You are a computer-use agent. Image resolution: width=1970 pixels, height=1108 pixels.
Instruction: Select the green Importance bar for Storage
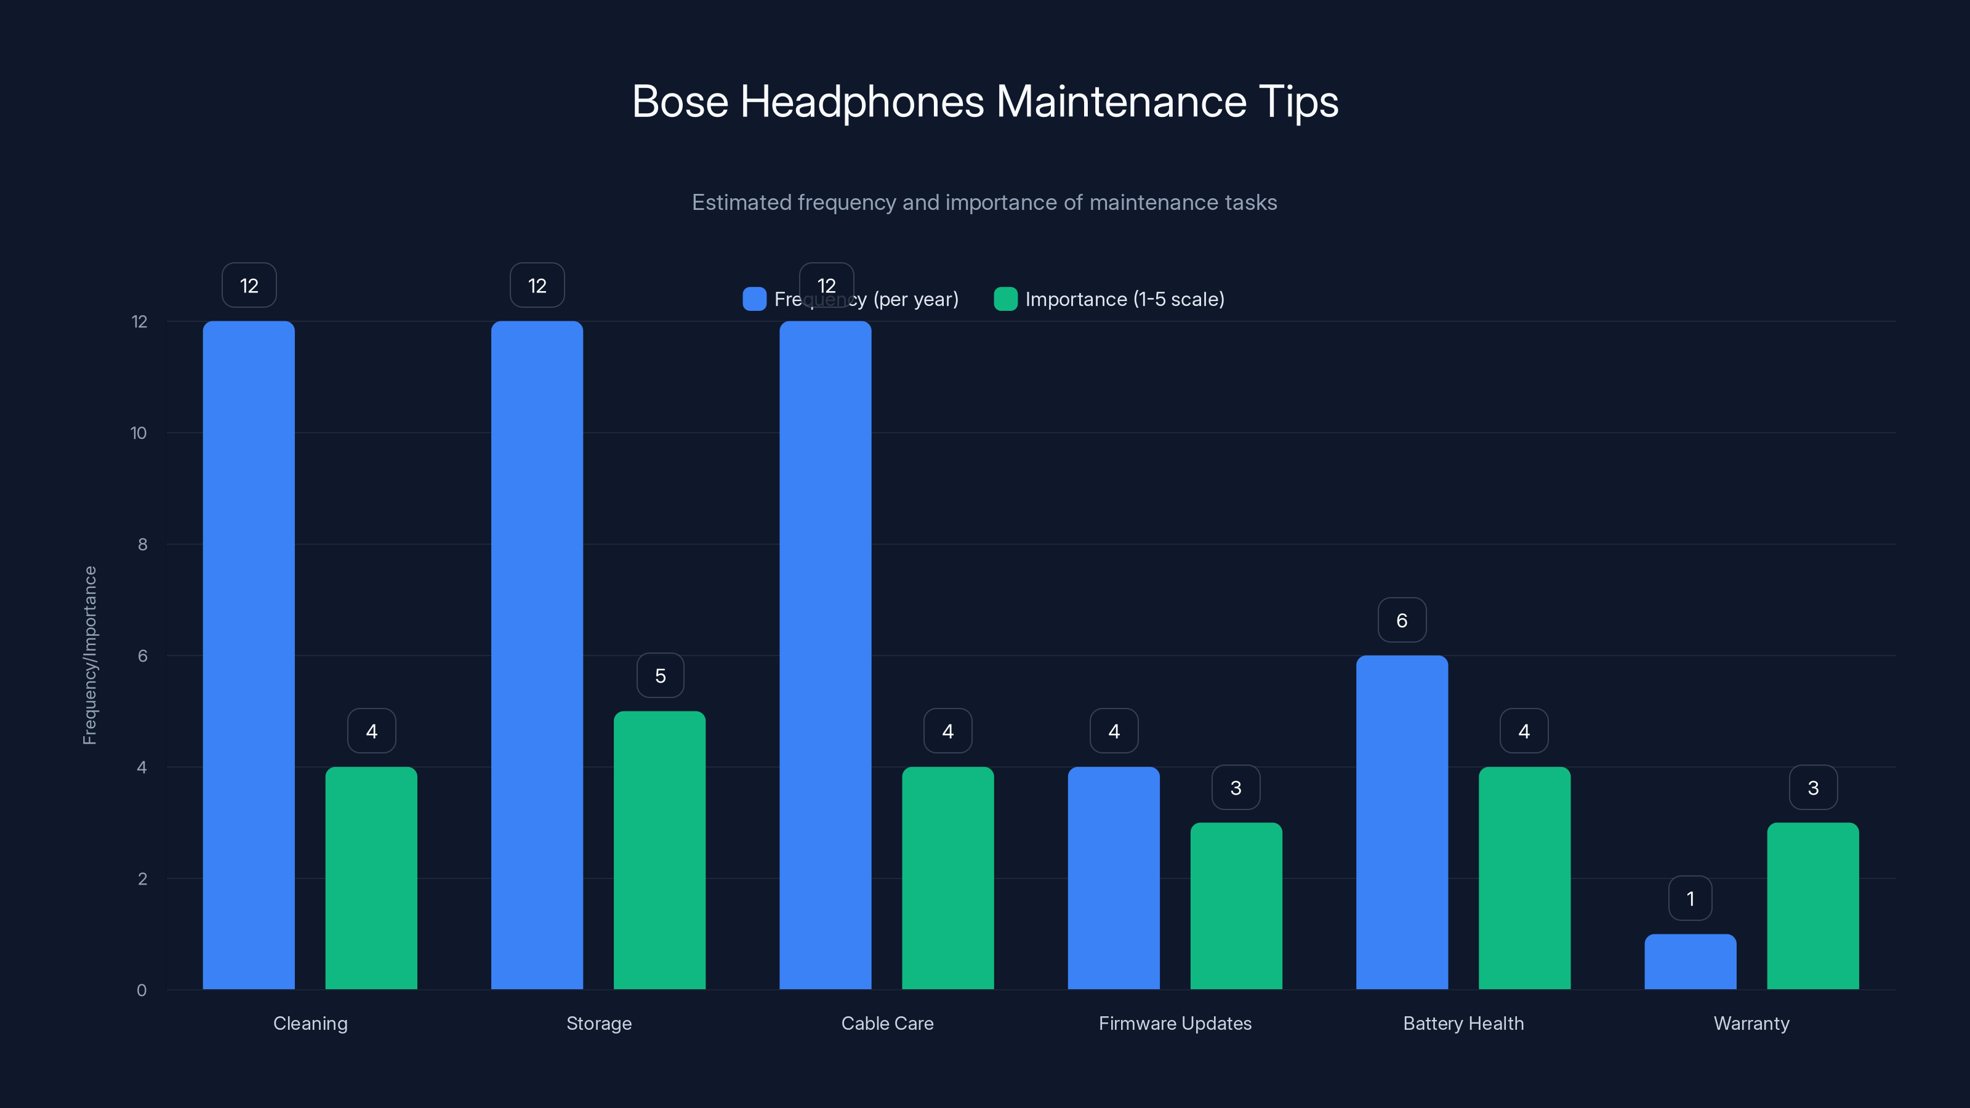(659, 849)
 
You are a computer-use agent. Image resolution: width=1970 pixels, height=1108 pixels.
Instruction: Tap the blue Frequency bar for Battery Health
(1402, 822)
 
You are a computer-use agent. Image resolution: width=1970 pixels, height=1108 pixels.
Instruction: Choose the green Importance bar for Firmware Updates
(1236, 905)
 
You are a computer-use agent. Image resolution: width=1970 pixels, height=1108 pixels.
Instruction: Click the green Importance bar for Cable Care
(947, 878)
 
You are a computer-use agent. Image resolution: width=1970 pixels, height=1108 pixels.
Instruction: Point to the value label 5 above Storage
(660, 676)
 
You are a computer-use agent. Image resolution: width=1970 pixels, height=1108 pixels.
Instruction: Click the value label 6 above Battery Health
(1402, 620)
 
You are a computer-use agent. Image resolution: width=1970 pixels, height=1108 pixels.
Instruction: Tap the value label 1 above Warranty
(1690, 899)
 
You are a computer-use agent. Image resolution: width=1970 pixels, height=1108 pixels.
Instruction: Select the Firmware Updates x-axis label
(1175, 1023)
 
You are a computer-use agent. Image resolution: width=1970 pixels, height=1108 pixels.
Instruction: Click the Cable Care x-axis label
(887, 1023)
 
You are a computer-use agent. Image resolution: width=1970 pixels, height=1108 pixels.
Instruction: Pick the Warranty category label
(1751, 1023)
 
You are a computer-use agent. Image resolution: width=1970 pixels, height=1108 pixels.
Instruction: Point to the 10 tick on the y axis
(139, 433)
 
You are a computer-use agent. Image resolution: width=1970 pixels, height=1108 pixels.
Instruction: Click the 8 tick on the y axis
(142, 544)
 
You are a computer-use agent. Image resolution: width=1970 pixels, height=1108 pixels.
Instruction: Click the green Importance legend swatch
(1005, 299)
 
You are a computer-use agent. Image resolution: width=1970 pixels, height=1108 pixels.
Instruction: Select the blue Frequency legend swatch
(754, 299)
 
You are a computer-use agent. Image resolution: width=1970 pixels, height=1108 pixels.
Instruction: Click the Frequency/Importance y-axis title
(89, 656)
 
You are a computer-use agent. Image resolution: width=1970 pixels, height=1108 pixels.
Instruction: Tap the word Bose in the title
(680, 102)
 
